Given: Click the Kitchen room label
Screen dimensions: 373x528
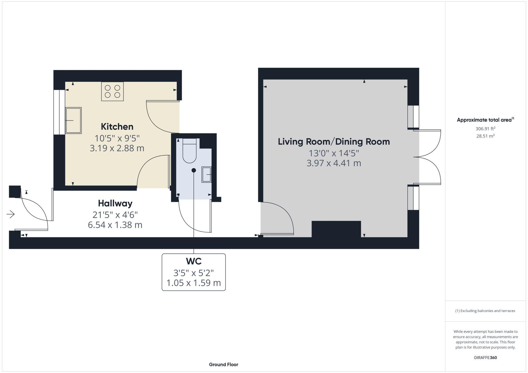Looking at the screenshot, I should (x=117, y=127).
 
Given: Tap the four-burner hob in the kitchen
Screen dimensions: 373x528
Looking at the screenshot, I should (x=112, y=91).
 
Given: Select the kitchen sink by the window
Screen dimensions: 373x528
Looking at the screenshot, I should (x=73, y=120).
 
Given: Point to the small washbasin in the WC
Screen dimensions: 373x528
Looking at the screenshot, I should (x=207, y=175).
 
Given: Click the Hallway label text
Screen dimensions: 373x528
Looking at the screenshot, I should (x=115, y=204).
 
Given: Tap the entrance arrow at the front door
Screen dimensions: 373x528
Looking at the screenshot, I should (x=11, y=214).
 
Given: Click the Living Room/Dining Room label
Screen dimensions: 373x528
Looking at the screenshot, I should (x=334, y=142).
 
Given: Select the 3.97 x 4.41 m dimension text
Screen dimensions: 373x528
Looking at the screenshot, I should (x=334, y=163).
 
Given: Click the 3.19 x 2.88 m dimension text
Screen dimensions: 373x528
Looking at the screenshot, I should (x=117, y=148).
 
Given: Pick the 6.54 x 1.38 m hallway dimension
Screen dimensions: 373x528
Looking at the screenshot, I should (x=115, y=225).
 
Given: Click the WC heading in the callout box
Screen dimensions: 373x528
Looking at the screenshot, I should (x=194, y=261).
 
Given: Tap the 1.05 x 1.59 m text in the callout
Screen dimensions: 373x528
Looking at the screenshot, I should (x=194, y=283).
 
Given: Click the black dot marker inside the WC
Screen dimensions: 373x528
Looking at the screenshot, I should (x=194, y=170).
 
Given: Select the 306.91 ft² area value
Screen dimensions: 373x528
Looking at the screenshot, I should (x=485, y=129).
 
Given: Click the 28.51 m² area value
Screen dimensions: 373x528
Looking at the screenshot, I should (x=485, y=136).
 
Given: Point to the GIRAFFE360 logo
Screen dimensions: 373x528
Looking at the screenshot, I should (x=485, y=358).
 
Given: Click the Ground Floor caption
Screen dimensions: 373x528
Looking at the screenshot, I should (x=223, y=365).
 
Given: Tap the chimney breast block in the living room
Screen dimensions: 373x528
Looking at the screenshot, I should (x=336, y=229).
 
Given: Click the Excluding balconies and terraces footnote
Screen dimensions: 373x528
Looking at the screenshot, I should (x=485, y=311).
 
